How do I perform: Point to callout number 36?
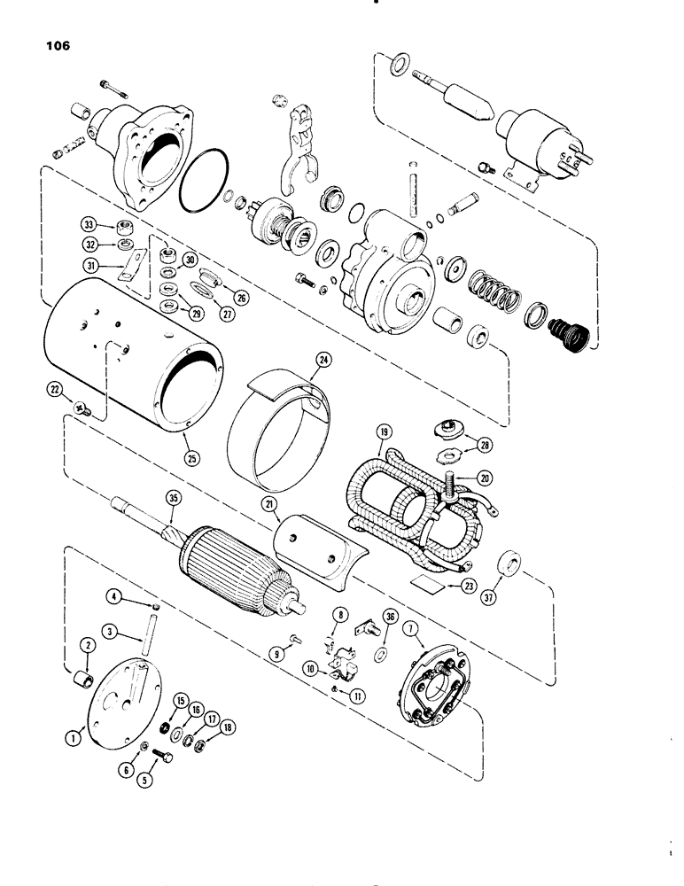(391, 619)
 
